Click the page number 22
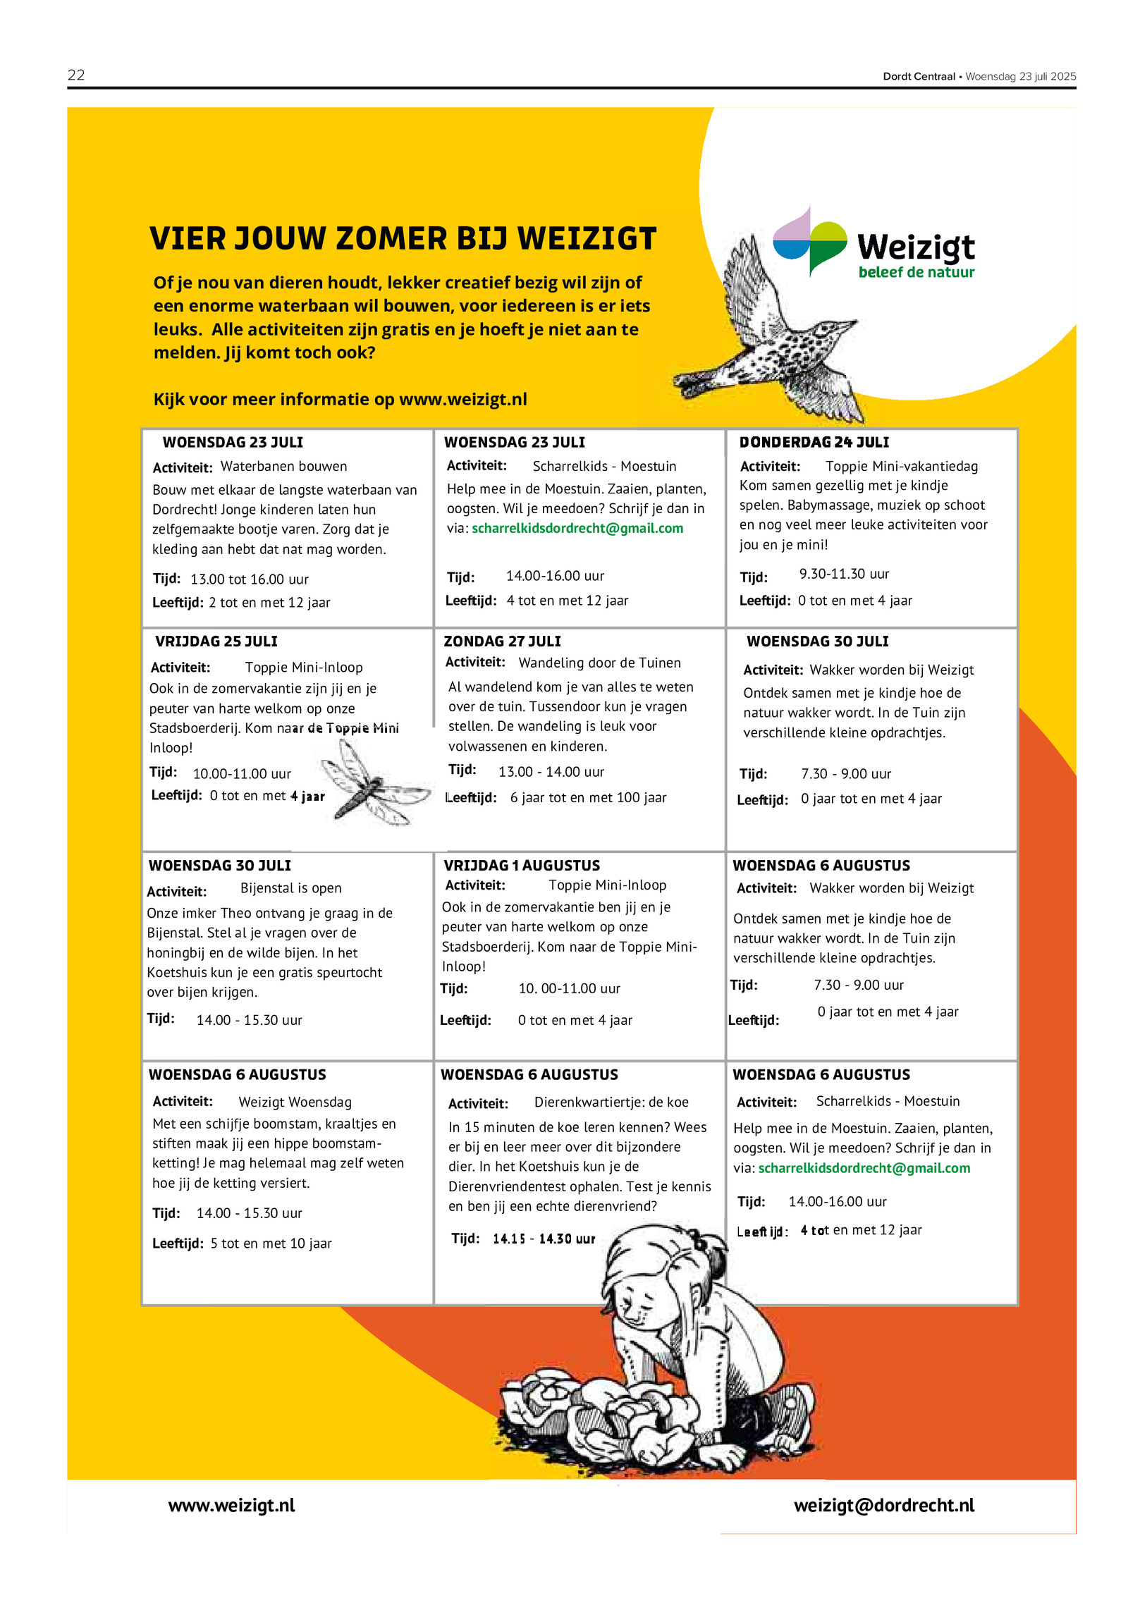click(76, 75)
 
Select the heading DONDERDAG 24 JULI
click(814, 442)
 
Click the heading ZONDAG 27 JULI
click(502, 641)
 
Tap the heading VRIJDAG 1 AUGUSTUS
click(522, 865)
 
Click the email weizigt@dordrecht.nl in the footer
click(883, 1505)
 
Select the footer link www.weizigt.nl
click(231, 1505)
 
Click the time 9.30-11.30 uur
click(844, 574)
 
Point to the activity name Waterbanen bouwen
click(283, 466)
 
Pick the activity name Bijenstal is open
click(290, 888)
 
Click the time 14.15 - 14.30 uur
click(544, 1239)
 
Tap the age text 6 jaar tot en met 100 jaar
click(588, 797)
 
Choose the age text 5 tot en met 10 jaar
click(271, 1243)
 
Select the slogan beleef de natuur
click(916, 272)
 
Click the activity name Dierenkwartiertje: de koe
click(611, 1102)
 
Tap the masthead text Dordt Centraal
click(919, 76)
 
